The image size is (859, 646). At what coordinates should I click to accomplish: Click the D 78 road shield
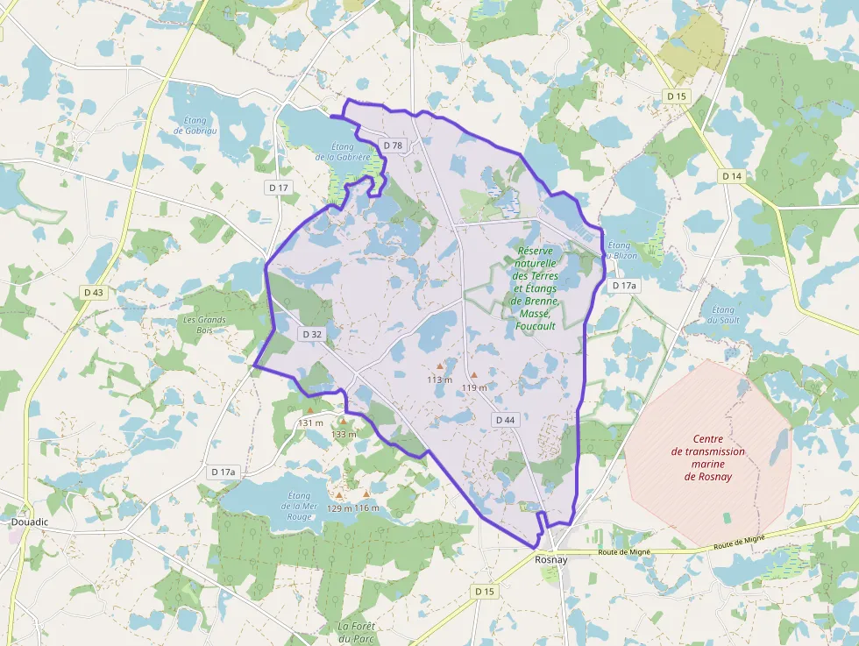click(x=393, y=146)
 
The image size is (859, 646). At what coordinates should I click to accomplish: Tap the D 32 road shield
click(x=313, y=334)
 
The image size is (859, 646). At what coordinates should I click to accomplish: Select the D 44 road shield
click(x=505, y=420)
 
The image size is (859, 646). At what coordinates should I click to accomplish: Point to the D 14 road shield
click(x=732, y=176)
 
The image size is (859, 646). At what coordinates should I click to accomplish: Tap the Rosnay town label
click(x=551, y=560)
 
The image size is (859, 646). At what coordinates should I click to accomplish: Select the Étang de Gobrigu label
click(x=190, y=125)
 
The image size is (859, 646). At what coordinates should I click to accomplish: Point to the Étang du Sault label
click(x=725, y=315)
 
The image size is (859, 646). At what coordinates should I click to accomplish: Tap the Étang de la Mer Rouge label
click(x=298, y=506)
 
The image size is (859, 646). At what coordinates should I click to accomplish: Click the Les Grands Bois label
click(x=204, y=325)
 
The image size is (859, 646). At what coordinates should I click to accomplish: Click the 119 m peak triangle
click(x=474, y=374)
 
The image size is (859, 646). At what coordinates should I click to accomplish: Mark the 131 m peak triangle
click(x=310, y=410)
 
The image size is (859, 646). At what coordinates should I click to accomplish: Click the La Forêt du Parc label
click(x=358, y=632)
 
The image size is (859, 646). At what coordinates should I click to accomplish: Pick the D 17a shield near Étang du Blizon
click(x=625, y=286)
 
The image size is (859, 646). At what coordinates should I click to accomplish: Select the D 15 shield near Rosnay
click(x=485, y=592)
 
